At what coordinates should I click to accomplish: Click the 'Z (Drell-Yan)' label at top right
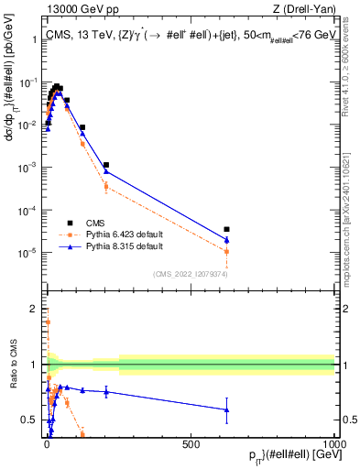303,8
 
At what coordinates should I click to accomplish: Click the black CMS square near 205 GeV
106,165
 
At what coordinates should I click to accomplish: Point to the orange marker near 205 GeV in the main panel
106,186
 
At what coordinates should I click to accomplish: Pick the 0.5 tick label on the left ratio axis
31,420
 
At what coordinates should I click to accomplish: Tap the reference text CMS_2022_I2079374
191,272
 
